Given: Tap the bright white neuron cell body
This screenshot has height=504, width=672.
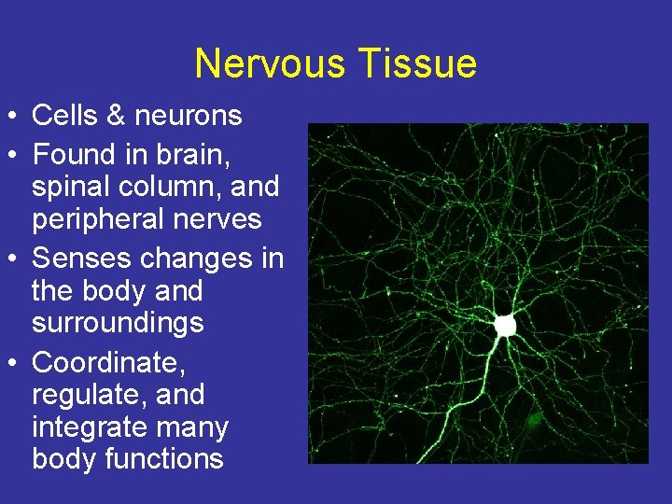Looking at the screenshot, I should click(x=505, y=325).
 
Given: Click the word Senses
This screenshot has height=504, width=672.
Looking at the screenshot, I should click(x=82, y=257).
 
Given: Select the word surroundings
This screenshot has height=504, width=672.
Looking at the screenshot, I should click(x=118, y=323).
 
